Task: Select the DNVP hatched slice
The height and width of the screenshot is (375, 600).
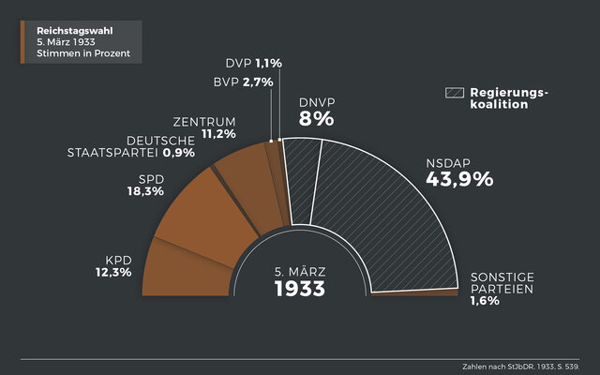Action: pyautogui.click(x=302, y=183)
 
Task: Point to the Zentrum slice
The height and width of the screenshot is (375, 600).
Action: pyautogui.click(x=247, y=187)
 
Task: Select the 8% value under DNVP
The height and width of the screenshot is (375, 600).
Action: pyautogui.click(x=316, y=119)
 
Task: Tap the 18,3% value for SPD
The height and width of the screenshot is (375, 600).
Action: pyautogui.click(x=145, y=191)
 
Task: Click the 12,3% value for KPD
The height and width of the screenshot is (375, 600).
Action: pyautogui.click(x=112, y=272)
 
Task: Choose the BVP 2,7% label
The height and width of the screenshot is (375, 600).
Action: pyautogui.click(x=243, y=82)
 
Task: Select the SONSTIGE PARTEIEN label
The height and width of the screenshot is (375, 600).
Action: pyautogui.click(x=502, y=284)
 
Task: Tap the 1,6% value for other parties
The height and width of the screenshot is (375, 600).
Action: pyautogui.click(x=485, y=302)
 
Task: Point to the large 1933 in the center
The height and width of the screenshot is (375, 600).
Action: pyautogui.click(x=299, y=289)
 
